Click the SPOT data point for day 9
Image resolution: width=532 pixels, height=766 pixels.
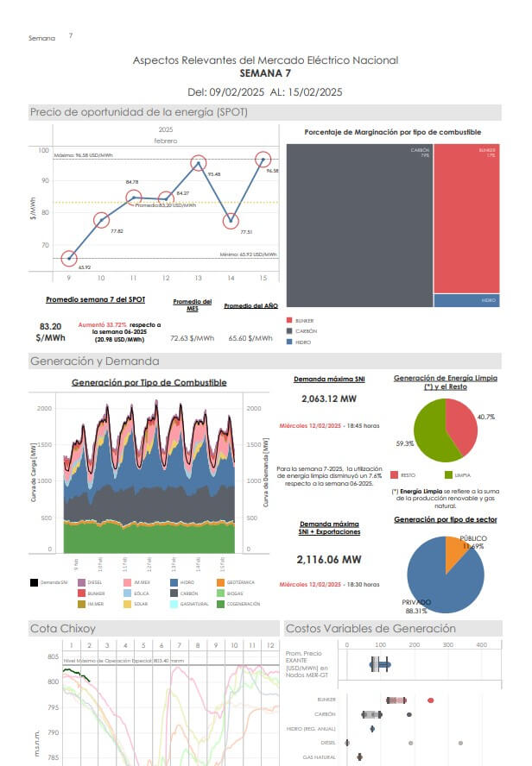pyautogui.click(x=69, y=258)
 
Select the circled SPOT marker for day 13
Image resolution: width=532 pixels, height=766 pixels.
pyautogui.click(x=198, y=163)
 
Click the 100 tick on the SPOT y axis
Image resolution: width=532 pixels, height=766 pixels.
pyautogui.click(x=43, y=151)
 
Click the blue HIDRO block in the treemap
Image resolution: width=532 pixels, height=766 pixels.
pyautogui.click(x=466, y=300)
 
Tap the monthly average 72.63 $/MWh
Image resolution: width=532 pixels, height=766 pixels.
pyautogui.click(x=192, y=339)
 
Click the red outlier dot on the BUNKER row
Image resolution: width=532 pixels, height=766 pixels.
pyautogui.click(x=431, y=700)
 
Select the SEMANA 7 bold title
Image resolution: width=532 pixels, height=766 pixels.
pyautogui.click(x=265, y=74)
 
